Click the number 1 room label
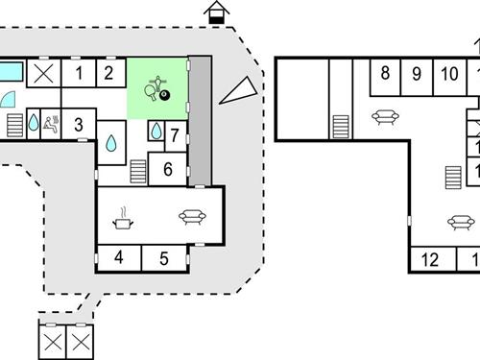click(79, 72)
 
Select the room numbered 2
click(109, 72)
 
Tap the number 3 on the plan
click(79, 124)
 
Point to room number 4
click(119, 257)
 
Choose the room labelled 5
click(164, 257)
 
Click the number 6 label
click(167, 169)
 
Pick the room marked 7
click(175, 134)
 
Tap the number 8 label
click(385, 73)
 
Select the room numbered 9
click(417, 73)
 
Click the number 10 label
click(448, 73)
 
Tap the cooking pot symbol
click(124, 220)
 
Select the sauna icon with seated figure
click(51, 123)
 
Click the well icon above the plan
click(218, 12)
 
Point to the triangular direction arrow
click(240, 89)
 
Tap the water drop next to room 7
click(156, 131)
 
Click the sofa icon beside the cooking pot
click(191, 217)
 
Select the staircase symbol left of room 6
click(138, 171)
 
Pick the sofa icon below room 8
click(385, 117)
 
